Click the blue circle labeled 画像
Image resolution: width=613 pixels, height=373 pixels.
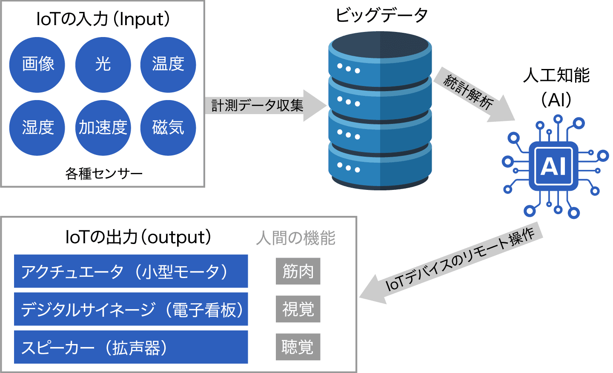37,65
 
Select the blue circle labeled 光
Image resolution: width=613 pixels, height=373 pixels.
103,65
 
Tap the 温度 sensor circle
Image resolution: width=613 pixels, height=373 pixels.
168,65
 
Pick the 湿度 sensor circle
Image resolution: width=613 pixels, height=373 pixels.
37,128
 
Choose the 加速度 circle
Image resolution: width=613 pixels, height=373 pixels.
103,128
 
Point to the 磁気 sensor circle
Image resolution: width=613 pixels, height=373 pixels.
168,128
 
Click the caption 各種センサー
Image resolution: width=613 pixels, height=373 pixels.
103,174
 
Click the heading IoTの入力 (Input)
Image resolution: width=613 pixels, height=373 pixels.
103,19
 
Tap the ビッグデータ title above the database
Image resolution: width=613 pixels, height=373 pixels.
381,15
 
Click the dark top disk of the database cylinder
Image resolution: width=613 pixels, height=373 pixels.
380,46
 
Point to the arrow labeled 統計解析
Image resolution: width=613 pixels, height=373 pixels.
473,94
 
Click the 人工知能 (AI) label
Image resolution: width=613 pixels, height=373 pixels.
556,87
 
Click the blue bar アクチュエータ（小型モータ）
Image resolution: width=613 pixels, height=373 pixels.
131,271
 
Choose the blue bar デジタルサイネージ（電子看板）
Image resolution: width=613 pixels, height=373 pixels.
131,309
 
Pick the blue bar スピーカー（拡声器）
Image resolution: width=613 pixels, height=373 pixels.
131,347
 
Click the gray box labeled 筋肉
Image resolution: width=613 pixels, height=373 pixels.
298,271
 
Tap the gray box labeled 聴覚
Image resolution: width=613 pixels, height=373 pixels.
298,347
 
